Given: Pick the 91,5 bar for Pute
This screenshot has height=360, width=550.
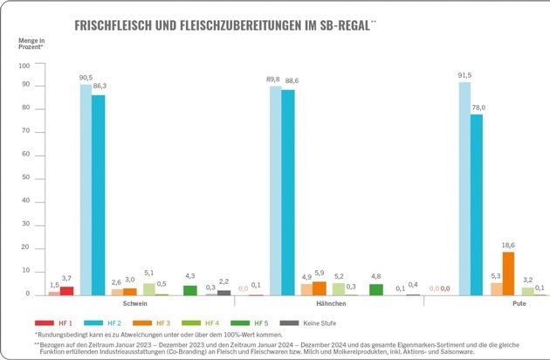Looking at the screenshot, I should pos(464,188).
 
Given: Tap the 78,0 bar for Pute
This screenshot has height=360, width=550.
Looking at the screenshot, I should pos(476,204).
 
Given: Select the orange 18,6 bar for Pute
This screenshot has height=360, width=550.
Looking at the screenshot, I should pos(508,273).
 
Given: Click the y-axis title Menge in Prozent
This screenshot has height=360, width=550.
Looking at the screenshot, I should pos(31,45).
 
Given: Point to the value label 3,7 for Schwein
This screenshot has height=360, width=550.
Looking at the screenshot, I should pos(67,278).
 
